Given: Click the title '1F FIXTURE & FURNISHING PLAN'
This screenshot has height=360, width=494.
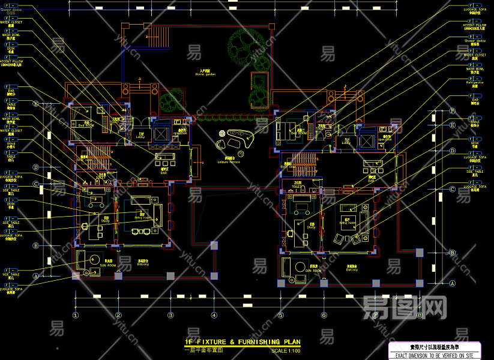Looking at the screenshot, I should tap(242, 342).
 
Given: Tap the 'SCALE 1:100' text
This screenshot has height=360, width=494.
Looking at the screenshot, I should tap(285, 351).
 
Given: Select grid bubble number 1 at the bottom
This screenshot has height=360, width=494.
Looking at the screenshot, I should tap(76, 314).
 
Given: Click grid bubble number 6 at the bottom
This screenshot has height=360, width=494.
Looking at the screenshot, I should tap(324, 314).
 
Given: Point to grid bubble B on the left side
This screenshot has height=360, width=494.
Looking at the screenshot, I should tap(35, 245).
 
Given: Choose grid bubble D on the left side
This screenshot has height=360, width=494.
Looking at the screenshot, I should tap(35, 167).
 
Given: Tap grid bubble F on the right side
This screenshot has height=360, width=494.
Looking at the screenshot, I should tap(453, 111).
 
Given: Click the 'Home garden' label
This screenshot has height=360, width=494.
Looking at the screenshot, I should tap(205, 74).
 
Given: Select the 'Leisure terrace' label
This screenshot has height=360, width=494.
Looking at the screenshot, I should tap(229, 162).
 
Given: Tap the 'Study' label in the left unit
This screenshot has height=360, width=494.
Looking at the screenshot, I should tap(106, 221).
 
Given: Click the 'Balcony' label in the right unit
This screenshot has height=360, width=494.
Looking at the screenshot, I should tap(352, 269).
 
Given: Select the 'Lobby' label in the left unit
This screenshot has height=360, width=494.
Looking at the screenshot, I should tap(140, 137).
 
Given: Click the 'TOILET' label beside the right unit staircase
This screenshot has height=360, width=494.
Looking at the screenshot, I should tap(298, 186).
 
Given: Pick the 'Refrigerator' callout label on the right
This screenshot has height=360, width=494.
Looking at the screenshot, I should tap(474, 83).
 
